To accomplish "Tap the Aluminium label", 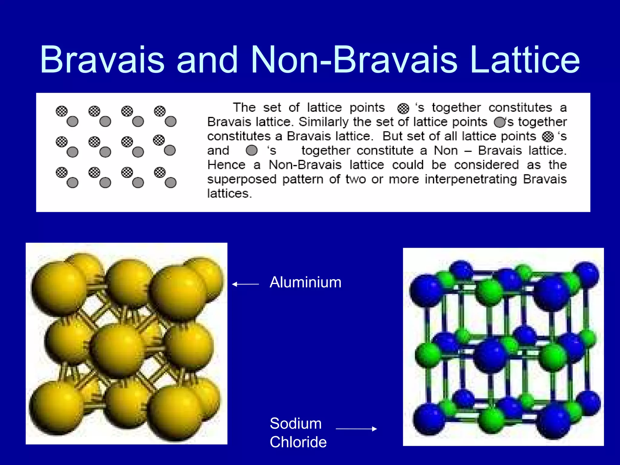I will pos(305,282).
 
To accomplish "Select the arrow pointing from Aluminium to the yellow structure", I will pos(246,284).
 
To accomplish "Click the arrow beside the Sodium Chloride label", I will pos(356,429).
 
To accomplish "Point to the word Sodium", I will pos(295,423).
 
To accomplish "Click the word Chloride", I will pos(298,442).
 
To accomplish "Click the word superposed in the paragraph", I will pos(242,179).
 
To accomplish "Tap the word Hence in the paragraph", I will pos(226,165).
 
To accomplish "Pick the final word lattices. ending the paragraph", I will pos(229,193).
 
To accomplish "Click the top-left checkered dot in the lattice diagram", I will pos(62,111).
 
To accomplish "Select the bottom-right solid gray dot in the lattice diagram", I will pos(170,183).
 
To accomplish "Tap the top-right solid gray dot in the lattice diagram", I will pos(170,121).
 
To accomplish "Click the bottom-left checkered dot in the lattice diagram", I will pos(62,173).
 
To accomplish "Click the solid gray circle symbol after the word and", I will pos(252,150).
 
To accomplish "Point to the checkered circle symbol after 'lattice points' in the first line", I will pos(403,108).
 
